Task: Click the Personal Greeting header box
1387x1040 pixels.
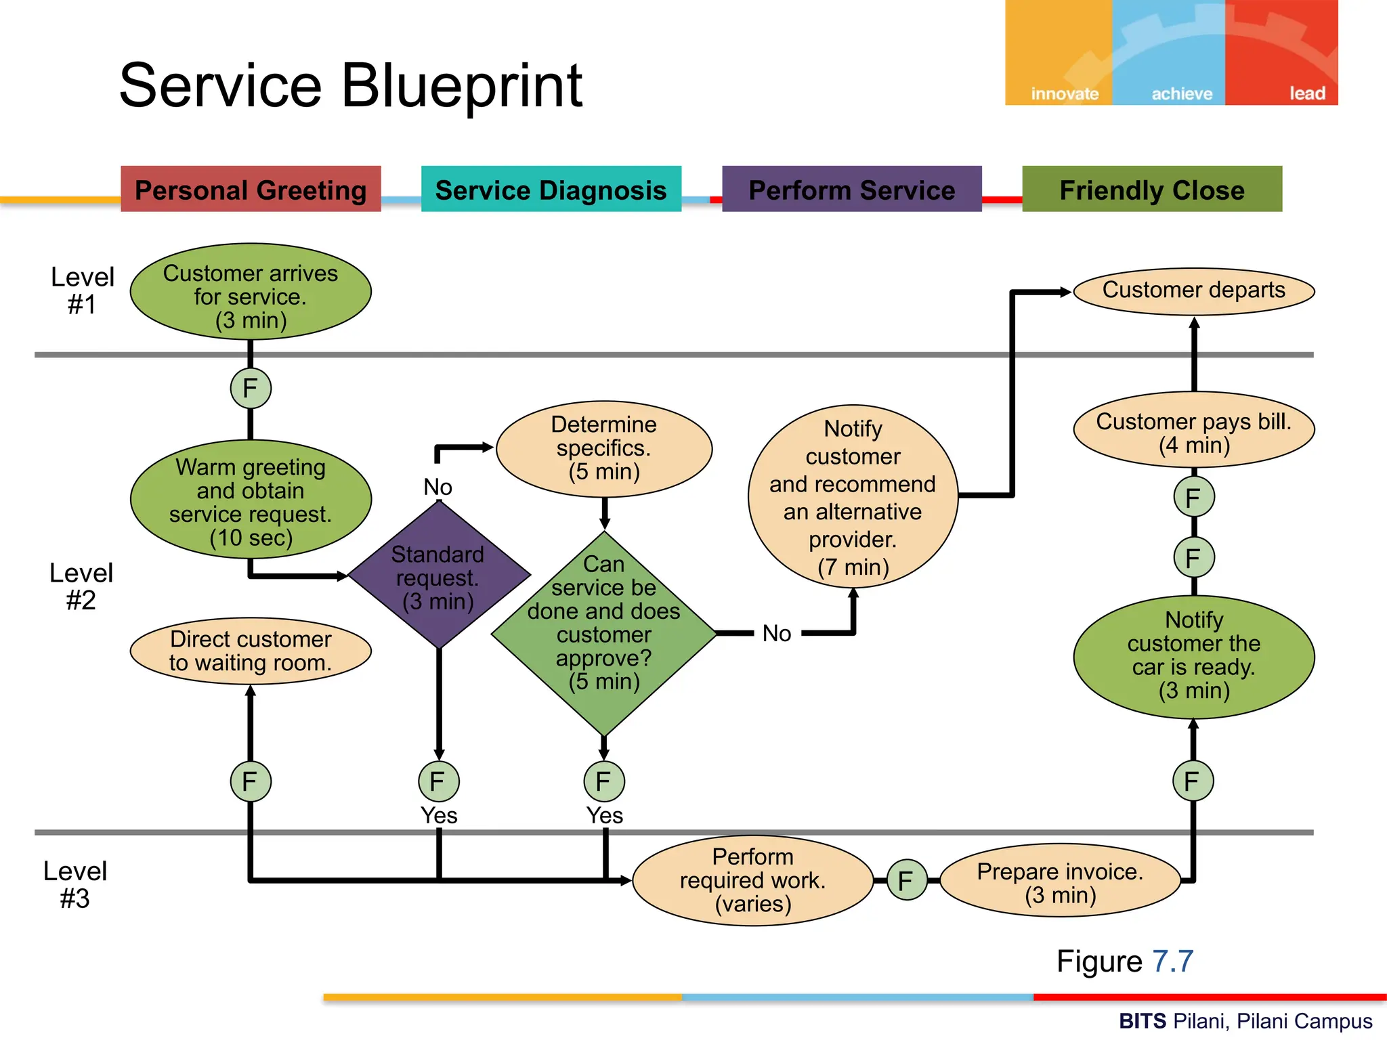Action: [251, 189]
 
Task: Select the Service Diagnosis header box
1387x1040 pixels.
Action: [551, 189]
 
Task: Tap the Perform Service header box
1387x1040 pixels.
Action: [851, 189]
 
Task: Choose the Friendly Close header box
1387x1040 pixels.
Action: [1151, 189]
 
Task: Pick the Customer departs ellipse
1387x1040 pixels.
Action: [1193, 291]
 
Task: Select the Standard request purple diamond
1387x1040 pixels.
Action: [438, 576]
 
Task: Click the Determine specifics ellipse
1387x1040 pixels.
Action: [603, 448]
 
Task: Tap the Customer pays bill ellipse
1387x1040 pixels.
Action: [1193, 431]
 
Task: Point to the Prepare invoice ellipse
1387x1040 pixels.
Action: [1060, 881]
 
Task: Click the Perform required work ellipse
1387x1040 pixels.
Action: [752, 880]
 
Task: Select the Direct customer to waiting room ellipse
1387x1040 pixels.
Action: [251, 651]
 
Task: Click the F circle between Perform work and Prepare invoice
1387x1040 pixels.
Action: [906, 880]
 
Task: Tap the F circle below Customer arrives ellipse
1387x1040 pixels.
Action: [251, 389]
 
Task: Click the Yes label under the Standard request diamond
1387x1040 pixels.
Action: [439, 815]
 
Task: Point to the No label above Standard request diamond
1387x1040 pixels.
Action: [438, 487]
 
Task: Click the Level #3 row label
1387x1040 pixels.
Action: [74, 884]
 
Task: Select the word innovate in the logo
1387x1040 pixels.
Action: [1064, 93]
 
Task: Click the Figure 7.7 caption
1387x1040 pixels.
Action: [1124, 961]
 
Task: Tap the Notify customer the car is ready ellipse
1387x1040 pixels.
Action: [1193, 656]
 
